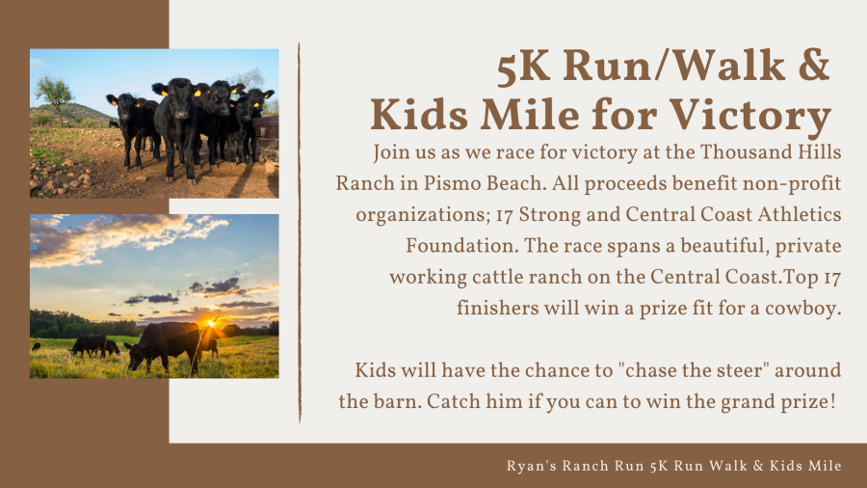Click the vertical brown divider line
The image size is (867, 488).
(x=300, y=231)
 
